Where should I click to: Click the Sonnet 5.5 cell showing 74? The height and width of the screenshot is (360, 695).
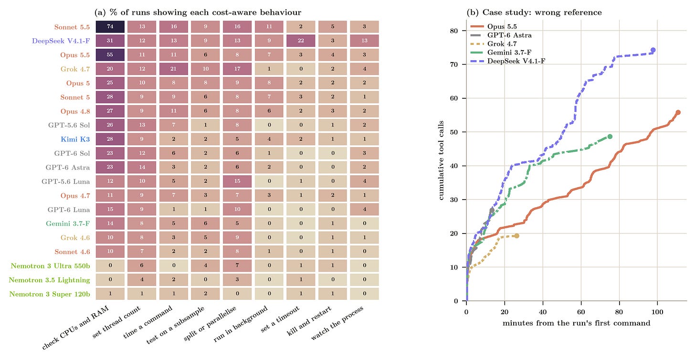click(110, 27)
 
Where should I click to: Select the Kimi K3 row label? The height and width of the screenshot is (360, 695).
click(75, 139)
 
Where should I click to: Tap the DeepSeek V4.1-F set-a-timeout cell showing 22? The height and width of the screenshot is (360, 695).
click(301, 41)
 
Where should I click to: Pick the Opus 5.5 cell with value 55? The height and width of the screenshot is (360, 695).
click(110, 54)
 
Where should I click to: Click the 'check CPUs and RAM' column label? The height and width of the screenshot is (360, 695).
click(76, 328)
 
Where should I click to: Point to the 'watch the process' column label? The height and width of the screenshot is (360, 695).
click(337, 323)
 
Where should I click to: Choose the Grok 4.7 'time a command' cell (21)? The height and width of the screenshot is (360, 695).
click(174, 69)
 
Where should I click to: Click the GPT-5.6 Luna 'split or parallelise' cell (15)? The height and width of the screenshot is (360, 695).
click(237, 181)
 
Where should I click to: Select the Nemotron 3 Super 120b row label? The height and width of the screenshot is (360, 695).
click(50, 294)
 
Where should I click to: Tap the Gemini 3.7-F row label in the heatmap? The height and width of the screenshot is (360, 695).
click(68, 223)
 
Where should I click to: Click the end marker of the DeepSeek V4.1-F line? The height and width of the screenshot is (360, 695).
click(653, 50)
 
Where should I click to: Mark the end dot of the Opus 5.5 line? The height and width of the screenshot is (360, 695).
click(678, 113)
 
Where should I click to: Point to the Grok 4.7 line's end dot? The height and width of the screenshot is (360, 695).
click(517, 236)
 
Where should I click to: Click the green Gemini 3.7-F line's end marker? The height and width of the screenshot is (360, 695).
click(610, 137)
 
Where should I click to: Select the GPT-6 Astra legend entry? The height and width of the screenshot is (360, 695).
click(501, 35)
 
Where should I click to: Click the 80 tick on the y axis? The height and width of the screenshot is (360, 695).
click(454, 31)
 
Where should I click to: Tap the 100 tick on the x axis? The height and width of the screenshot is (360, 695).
click(657, 312)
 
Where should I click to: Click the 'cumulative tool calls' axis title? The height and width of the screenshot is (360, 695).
click(441, 160)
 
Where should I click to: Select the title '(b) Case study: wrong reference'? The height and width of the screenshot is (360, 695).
click(534, 12)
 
